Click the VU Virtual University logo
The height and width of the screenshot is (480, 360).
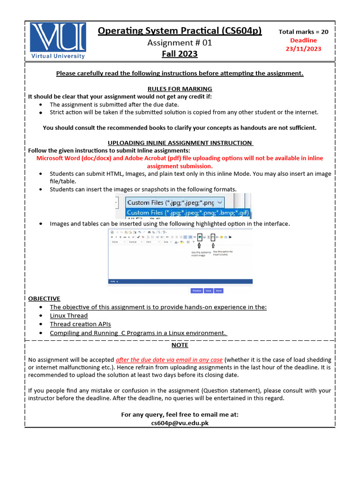point(58,40)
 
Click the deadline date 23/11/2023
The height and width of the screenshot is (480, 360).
point(304,49)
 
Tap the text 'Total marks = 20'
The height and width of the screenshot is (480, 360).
point(304,32)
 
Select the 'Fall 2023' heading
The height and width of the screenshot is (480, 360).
point(180,54)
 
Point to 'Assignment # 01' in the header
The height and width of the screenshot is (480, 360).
point(180,43)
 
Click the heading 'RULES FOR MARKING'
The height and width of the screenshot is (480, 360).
point(180,89)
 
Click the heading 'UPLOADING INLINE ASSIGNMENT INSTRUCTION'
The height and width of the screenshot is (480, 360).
point(180,142)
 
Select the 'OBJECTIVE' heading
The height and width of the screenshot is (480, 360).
point(44,298)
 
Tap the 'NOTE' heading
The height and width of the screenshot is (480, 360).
point(180,345)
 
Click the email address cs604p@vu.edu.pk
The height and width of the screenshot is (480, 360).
point(180,423)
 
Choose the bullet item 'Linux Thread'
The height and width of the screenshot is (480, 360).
point(69,315)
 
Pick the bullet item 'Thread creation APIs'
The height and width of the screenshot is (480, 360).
point(81,324)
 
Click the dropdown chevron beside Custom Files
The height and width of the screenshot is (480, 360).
point(220,202)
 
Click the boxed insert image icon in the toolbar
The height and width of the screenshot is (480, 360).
point(199,237)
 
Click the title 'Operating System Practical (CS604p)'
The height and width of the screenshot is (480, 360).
point(180,31)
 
